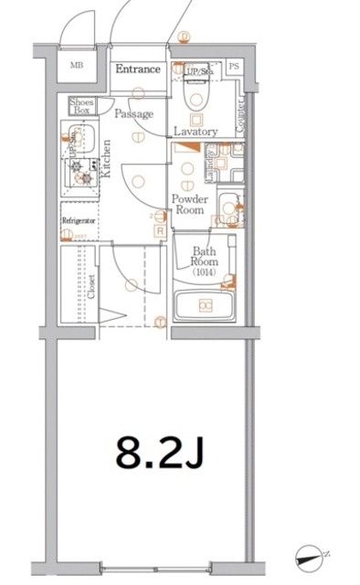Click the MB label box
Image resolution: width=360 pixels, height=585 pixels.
tap(76, 66)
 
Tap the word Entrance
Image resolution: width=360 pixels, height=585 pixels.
tap(139, 69)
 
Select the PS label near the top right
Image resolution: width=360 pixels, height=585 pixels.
tap(234, 67)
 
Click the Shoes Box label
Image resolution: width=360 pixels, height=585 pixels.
tap(81, 105)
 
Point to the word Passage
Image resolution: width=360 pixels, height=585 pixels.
tap(133, 113)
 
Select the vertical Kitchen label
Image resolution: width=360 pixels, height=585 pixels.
tap(107, 159)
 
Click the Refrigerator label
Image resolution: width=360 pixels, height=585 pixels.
tap(79, 221)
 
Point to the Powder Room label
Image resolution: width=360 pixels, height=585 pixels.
tap(191, 204)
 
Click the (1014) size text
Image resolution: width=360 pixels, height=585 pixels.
tap(203, 272)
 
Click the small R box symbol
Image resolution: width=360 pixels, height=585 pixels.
tap(160, 231)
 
